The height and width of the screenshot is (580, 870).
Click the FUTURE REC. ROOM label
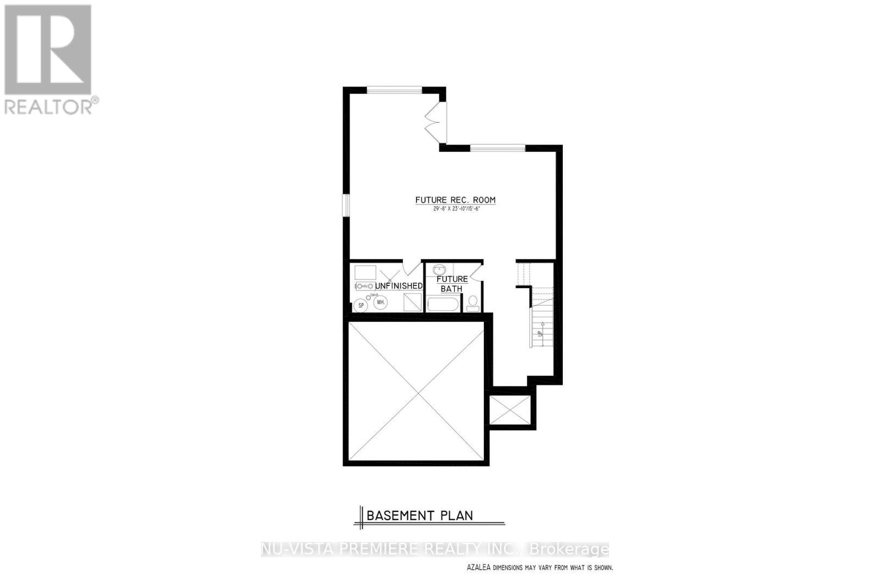click(455, 200)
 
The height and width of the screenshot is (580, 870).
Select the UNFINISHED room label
click(399, 286)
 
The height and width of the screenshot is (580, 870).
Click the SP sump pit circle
click(359, 305)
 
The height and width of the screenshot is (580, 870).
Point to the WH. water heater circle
click(380, 302)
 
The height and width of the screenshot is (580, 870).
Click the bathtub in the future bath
click(443, 303)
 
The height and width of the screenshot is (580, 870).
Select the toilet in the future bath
click(473, 302)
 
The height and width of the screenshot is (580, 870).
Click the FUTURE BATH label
click(452, 284)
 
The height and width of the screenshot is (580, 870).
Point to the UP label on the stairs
click(540, 333)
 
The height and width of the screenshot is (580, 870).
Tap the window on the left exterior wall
click(345, 205)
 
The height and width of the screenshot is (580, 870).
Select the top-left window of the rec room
click(394, 90)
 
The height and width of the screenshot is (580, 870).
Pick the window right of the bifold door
click(498, 147)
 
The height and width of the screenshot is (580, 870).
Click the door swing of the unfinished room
click(412, 269)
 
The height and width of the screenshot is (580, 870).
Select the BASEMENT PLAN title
click(419, 515)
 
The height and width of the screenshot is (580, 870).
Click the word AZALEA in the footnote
click(478, 567)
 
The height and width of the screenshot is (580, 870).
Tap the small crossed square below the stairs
click(509, 410)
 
